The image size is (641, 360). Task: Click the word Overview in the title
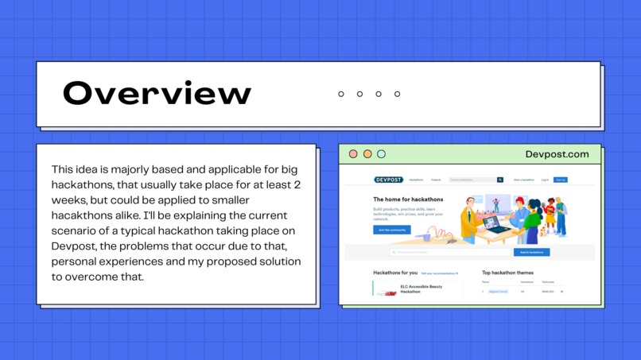pos(157,94)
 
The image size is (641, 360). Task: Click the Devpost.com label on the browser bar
pos(557,154)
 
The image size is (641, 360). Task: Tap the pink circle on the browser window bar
pos(353,154)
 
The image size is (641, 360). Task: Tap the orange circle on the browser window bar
pos(367,154)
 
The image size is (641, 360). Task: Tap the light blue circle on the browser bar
pos(381,154)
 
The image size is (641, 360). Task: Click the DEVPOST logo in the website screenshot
pos(388,180)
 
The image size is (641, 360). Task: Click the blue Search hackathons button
pos(531,252)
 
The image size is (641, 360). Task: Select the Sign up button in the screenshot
pos(561,180)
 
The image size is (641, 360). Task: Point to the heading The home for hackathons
pos(408,199)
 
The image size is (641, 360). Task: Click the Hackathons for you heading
pos(395,273)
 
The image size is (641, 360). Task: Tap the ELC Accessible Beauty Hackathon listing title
pos(421,288)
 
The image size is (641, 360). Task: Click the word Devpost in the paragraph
pos(68,246)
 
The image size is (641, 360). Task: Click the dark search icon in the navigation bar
pos(500,180)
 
